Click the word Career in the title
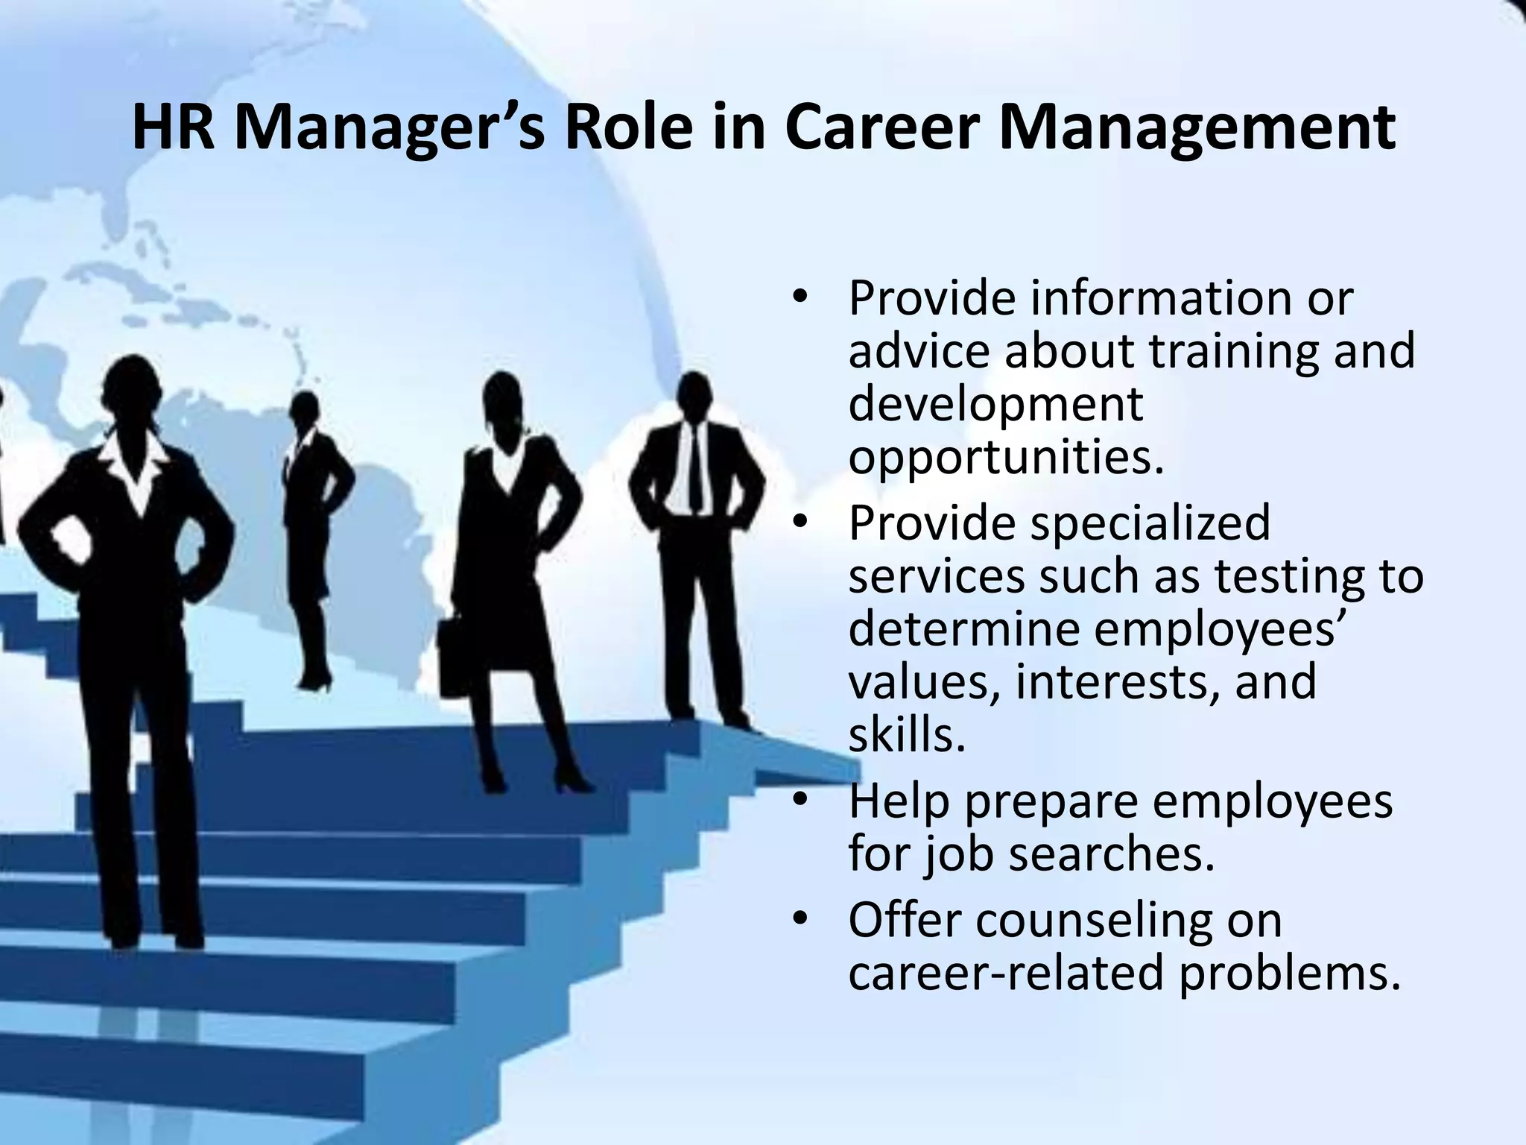(880, 128)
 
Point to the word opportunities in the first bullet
(1006, 458)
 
